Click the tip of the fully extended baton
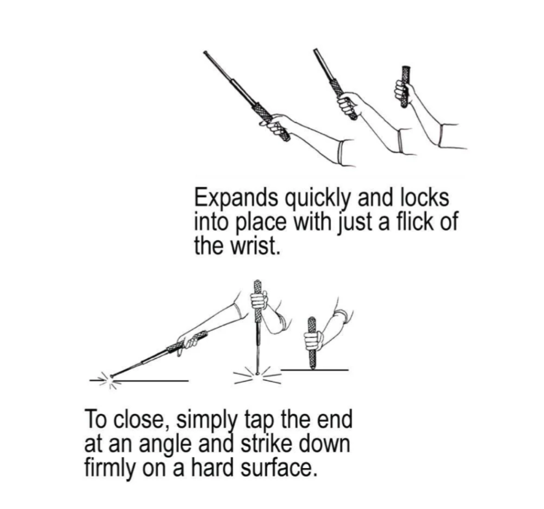205,53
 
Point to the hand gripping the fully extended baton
278,125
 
